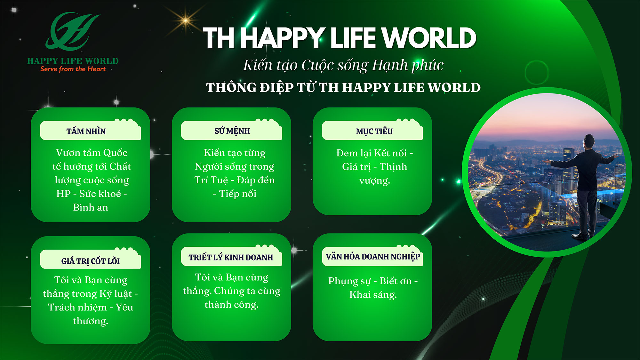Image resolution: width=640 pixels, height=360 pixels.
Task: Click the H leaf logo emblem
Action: pos(73,31)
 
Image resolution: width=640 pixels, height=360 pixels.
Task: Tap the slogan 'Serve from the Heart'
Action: pos(73,69)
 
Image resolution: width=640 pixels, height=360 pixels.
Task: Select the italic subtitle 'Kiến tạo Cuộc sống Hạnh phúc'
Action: pos(343,65)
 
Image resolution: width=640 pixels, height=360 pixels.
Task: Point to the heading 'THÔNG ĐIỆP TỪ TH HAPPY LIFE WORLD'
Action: pos(343,87)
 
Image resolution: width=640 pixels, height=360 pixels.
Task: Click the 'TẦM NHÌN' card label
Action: pos(86,131)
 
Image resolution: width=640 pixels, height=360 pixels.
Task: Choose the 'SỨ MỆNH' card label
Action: pos(232,131)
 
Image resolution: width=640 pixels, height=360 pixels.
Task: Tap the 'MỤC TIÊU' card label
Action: pos(374,132)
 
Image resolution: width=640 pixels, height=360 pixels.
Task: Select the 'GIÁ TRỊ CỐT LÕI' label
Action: pos(91,261)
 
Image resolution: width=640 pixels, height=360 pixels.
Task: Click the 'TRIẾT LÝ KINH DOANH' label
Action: pos(231,257)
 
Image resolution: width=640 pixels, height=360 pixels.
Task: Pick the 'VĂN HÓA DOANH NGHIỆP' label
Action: pos(373,257)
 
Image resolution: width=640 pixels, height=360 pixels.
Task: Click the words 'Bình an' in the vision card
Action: pos(91,207)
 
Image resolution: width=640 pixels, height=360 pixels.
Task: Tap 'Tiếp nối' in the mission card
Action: pos(238,194)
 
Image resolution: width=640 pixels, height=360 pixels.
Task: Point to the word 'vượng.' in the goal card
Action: pos(375,181)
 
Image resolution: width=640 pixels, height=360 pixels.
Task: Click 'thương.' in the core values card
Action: pos(91,321)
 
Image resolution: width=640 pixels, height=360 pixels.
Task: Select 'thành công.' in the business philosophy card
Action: pos(232,305)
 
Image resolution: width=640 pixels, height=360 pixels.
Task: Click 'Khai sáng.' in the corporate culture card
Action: pos(373,294)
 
